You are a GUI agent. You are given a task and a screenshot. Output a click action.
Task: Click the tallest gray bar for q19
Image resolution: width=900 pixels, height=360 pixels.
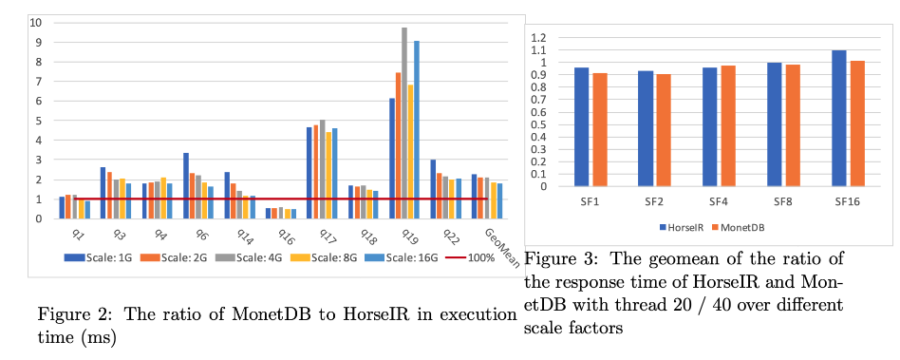point(404,123)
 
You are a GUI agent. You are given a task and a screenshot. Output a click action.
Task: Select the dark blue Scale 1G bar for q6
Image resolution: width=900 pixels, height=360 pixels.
point(186,186)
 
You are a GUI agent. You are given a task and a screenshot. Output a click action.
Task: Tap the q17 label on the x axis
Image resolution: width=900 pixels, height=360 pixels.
point(318,235)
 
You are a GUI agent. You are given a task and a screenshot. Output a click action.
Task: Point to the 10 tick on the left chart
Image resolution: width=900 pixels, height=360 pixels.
point(38,23)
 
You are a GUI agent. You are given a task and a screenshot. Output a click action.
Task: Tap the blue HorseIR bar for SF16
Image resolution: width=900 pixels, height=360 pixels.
point(839,119)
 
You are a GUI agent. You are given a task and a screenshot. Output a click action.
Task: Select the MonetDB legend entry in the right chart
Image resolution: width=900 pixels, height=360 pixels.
point(739,227)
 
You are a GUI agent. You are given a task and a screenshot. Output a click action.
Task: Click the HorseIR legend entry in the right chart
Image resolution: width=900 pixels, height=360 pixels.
point(682,227)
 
